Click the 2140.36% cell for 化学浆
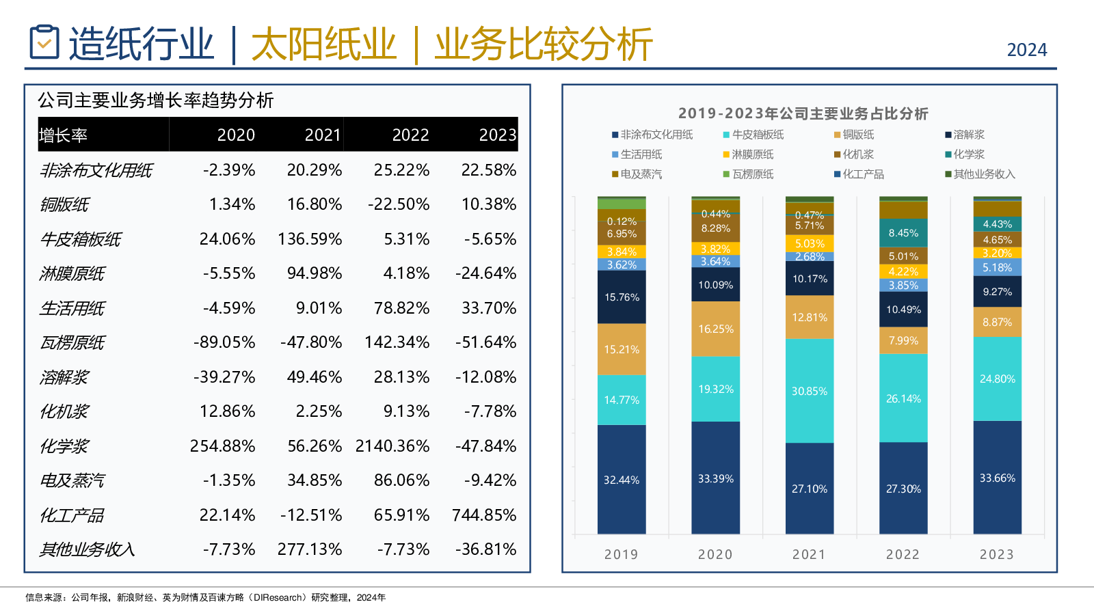pos(392,446)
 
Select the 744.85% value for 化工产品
pos(484,515)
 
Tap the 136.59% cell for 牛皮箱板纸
pos(310,239)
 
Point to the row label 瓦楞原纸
pos(72,343)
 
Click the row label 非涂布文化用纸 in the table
pos(96,170)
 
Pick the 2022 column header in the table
pos(410,135)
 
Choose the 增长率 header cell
pos(64,135)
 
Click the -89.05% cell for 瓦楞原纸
pos(224,342)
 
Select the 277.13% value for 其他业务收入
pos(310,549)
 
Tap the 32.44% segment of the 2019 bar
pos(622,480)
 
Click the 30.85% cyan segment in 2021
pos(810,391)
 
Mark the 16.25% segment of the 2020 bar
pos(715,329)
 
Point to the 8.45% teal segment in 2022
pos(903,233)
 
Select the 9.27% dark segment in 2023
pos(997,292)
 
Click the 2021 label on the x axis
pos(809,554)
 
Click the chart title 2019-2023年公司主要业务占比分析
pos(803,113)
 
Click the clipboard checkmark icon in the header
pos(44,42)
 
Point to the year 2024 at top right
pos(1027,50)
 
